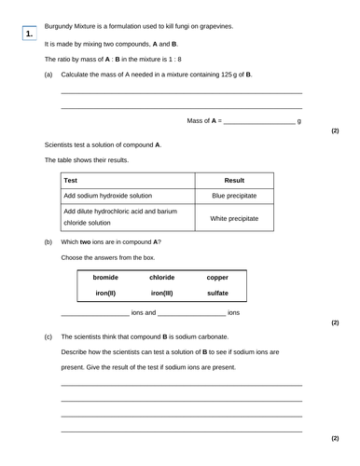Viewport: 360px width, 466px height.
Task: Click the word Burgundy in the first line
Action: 61,25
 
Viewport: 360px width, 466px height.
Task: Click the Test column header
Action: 71,180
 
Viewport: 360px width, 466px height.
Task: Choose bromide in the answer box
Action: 106,277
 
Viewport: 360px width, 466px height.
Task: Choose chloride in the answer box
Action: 162,277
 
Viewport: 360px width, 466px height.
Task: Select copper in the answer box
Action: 217,277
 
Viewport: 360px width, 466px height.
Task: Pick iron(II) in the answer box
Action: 106,293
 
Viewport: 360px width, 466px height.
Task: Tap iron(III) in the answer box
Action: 162,293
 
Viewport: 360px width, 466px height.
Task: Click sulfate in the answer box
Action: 217,293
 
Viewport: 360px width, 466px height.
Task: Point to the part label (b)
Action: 48,241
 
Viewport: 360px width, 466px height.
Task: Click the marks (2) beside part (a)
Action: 335,130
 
